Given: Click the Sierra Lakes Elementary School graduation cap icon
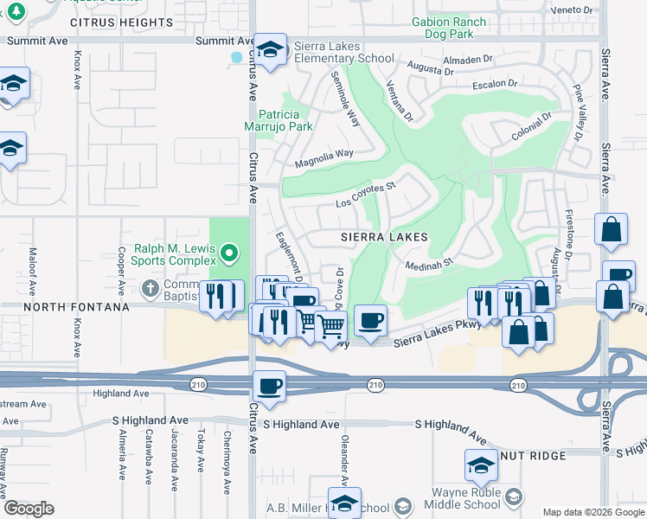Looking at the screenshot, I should coord(270,51).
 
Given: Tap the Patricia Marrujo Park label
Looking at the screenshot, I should coord(285,120).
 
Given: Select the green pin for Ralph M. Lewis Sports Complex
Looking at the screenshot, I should coord(228,254).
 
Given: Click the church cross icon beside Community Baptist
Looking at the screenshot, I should coord(150,287).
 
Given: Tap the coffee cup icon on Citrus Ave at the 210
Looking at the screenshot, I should coord(269,387).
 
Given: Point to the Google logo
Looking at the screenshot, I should coord(29,509).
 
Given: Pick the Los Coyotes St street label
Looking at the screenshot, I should coord(365,195).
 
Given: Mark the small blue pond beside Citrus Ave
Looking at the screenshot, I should coord(236,58).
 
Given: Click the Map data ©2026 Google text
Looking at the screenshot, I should coord(593,512).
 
